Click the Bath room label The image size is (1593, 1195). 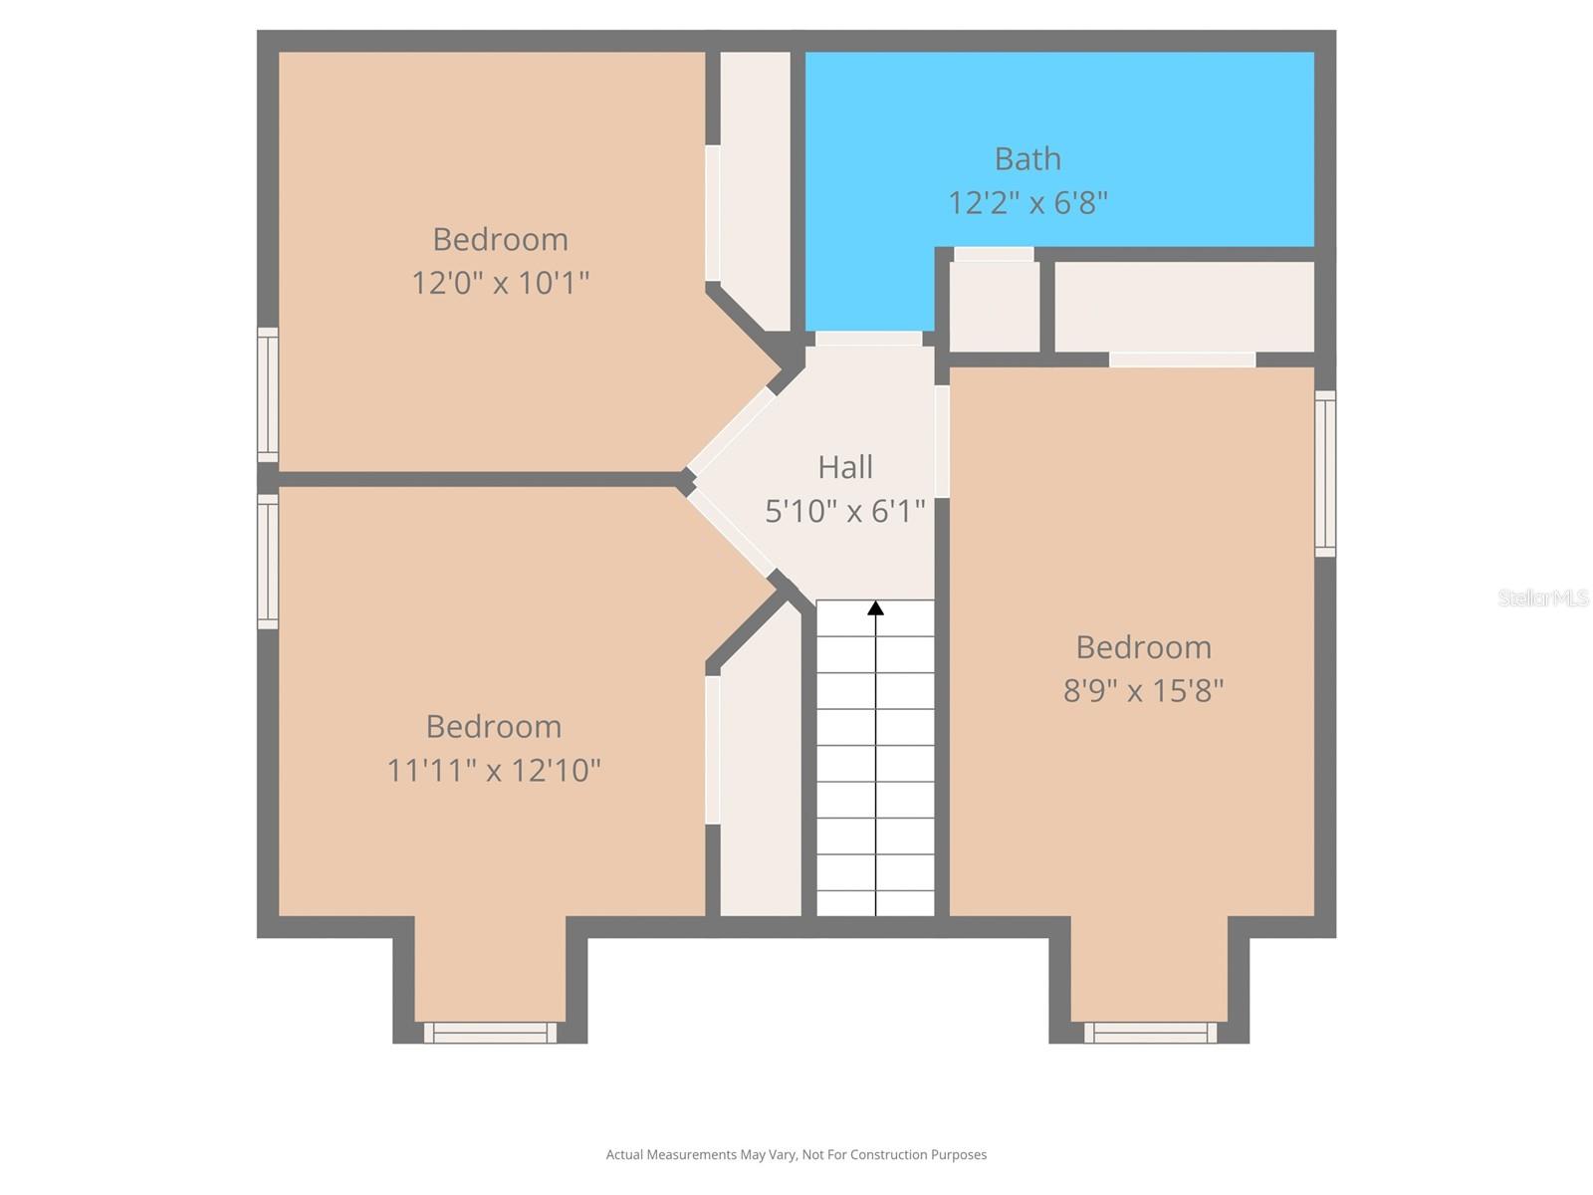click(x=1027, y=158)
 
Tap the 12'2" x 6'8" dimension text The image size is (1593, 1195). click(x=1027, y=203)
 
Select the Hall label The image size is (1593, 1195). click(x=845, y=467)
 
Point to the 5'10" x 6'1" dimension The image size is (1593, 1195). click(x=845, y=511)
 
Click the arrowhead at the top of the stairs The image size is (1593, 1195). click(x=875, y=607)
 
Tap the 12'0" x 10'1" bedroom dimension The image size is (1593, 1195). click(x=501, y=283)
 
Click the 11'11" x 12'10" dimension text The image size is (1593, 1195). click(x=494, y=770)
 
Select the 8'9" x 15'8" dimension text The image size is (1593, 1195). click(x=1143, y=690)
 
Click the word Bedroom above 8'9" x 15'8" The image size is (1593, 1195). click(x=1143, y=647)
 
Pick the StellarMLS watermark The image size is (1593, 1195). click(x=1543, y=597)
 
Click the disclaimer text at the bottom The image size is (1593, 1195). click(x=796, y=1155)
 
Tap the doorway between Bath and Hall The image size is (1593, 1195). click(x=868, y=339)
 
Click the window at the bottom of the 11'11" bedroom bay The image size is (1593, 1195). click(x=491, y=1033)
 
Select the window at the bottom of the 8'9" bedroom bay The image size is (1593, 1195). click(x=1150, y=1033)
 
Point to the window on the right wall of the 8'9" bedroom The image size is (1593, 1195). click(x=1325, y=473)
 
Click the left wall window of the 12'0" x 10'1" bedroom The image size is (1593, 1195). click(x=268, y=394)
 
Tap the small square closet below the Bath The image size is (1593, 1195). click(x=994, y=306)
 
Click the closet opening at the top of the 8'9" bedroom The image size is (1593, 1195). click(x=1182, y=359)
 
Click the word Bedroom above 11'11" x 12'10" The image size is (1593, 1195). click(x=494, y=726)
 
